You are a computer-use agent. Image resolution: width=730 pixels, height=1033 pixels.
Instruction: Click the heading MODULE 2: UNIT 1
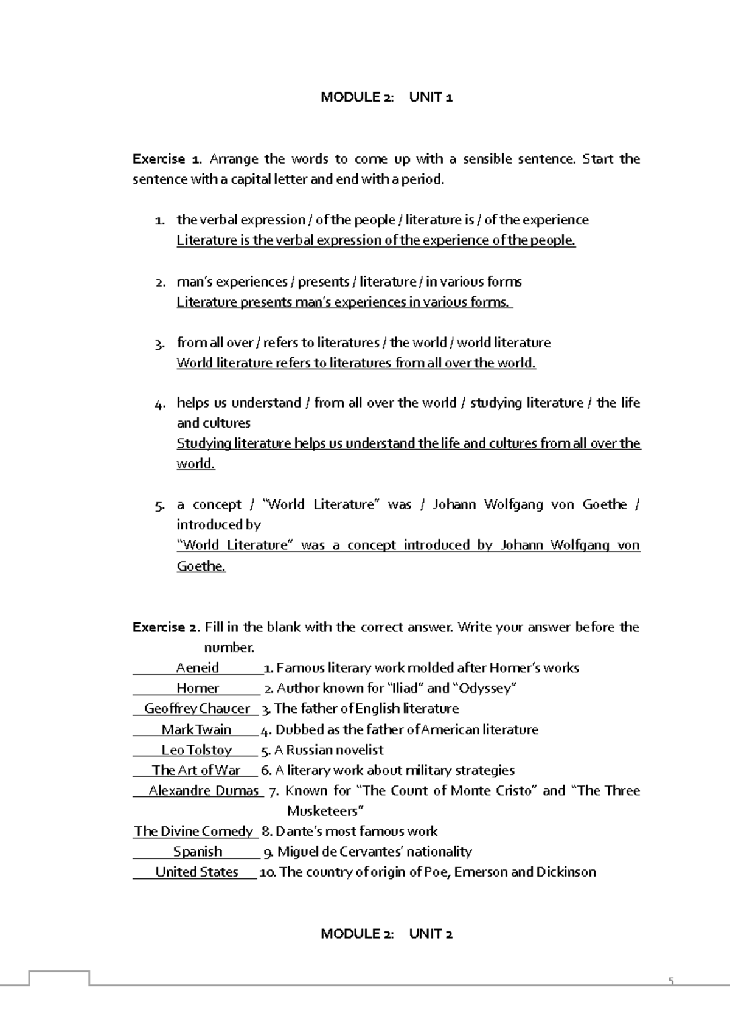(386, 97)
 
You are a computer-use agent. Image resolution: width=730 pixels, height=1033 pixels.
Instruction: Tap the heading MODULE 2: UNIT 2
(386, 934)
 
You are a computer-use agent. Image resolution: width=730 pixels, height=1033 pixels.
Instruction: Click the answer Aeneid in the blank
(197, 668)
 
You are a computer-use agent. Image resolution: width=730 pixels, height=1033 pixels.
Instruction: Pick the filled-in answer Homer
(197, 688)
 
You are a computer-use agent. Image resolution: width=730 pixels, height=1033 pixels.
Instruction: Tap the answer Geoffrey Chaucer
(197, 709)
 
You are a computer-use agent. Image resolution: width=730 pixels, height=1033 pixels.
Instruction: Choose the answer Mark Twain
(196, 729)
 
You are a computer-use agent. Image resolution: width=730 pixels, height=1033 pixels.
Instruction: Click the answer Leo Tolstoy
(196, 750)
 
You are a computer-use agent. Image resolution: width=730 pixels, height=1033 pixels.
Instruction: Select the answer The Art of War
(196, 770)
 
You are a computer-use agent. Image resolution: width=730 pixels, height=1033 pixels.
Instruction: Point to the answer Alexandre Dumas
(204, 791)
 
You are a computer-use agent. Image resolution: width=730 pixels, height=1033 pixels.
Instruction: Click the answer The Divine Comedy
(193, 831)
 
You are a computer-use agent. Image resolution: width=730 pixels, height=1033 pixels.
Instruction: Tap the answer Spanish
(198, 852)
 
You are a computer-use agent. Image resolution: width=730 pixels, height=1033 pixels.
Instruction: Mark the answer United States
(196, 872)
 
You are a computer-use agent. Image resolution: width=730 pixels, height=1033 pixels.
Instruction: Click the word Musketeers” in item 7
(325, 811)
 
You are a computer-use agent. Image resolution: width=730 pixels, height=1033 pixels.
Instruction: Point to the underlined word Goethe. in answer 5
(201, 566)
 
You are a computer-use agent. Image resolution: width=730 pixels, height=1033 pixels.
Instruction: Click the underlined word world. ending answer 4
(196, 464)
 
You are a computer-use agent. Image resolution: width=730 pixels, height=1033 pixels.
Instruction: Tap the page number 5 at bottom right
(671, 981)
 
